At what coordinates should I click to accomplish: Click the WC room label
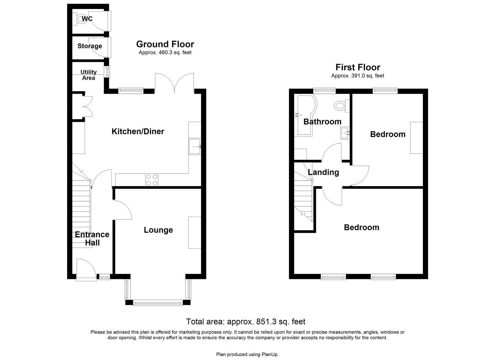tap(87, 19)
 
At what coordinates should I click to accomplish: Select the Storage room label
tap(89, 46)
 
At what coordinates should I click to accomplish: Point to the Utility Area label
tap(88, 75)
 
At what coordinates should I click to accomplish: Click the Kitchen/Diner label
tap(138, 132)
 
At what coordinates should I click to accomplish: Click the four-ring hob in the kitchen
tap(151, 180)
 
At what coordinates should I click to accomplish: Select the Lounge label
tap(158, 230)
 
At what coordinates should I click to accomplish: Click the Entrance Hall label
tap(92, 238)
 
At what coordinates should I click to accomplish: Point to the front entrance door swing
tap(86, 269)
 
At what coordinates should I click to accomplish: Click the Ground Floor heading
tap(165, 44)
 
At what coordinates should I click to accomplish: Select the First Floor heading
tap(358, 67)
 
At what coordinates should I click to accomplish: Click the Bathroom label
tap(322, 122)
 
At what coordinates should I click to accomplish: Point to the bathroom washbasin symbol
tap(345, 133)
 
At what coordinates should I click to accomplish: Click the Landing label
tap(323, 172)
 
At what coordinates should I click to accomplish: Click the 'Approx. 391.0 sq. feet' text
tap(357, 76)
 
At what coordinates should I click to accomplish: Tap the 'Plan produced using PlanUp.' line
tap(247, 354)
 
